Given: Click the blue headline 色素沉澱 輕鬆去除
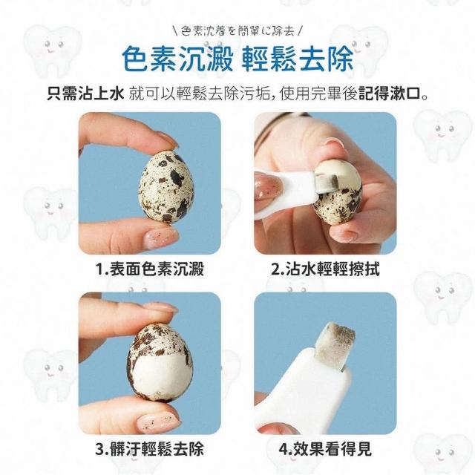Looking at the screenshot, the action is point(237,59).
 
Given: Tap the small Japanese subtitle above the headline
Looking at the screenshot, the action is point(237,31).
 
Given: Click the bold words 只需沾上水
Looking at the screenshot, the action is point(86,94).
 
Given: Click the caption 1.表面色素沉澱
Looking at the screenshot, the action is point(150,269).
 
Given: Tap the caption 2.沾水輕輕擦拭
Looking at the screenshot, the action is point(325,269).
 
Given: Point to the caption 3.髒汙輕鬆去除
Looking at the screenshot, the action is point(150,449).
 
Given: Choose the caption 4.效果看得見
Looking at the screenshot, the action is point(325,449).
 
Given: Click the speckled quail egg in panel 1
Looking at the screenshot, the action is point(166,186).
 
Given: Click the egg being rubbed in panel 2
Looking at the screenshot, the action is point(338,191).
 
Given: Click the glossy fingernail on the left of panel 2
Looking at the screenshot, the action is point(269,187).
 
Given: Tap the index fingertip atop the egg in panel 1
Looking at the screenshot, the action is point(163,140).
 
